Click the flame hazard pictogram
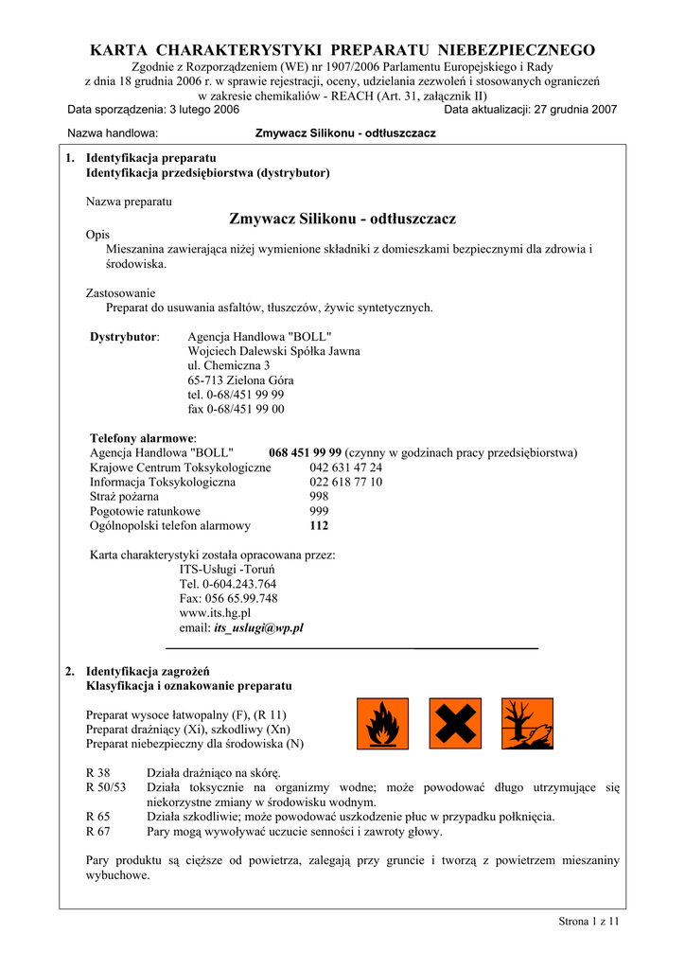382,723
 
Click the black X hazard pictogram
455,723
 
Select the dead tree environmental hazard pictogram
528,723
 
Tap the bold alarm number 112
319,526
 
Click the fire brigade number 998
319,496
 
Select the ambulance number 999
319,511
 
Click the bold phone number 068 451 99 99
305,452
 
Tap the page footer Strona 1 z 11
588,922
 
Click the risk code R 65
97,817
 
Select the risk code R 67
97,832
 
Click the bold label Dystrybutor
124,337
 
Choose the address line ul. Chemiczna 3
228,365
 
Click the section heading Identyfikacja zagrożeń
147,671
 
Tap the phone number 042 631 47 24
345,467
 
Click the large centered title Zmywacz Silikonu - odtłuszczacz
342,220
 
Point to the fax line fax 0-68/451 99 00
236,410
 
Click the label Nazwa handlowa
113,133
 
